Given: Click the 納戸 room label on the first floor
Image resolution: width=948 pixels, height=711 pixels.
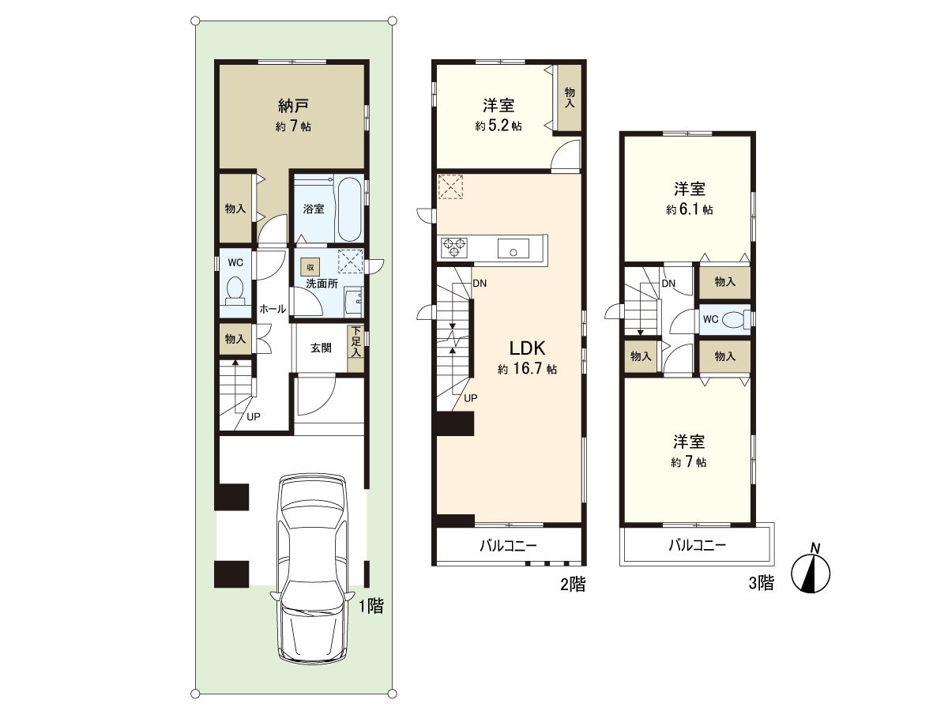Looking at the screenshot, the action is coord(293,105).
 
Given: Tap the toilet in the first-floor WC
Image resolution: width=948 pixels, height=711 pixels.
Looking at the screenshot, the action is coord(235,288).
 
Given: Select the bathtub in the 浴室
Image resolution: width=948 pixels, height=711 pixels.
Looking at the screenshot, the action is coord(349,210).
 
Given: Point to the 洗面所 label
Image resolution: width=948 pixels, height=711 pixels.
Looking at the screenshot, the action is coord(322,284).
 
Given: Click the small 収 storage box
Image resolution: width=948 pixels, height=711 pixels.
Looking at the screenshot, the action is coord(310,267).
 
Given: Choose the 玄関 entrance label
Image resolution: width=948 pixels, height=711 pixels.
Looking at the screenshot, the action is coord(321,348).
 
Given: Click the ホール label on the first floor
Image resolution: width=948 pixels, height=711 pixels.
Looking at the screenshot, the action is coord(273,309).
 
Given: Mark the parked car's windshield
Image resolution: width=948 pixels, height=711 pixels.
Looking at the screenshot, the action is coord(313,521).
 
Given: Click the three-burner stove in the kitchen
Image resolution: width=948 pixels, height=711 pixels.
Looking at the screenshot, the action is coord(454,248).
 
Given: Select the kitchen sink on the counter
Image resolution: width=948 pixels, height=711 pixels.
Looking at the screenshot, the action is coord(513,248).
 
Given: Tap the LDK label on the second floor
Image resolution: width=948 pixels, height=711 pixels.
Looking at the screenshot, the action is coord(527,348).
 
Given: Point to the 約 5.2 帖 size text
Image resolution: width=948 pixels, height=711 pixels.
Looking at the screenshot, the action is coord(498,126).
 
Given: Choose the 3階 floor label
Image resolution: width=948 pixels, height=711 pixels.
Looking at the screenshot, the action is coord(762,583).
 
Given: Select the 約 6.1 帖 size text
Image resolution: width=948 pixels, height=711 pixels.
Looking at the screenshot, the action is coord(690,210).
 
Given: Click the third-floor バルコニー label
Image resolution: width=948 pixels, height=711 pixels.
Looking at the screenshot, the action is coord(697,546).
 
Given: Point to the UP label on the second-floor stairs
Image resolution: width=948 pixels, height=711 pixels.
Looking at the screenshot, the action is coord(470,398).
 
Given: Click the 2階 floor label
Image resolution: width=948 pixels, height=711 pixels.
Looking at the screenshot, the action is coord(573,585).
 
